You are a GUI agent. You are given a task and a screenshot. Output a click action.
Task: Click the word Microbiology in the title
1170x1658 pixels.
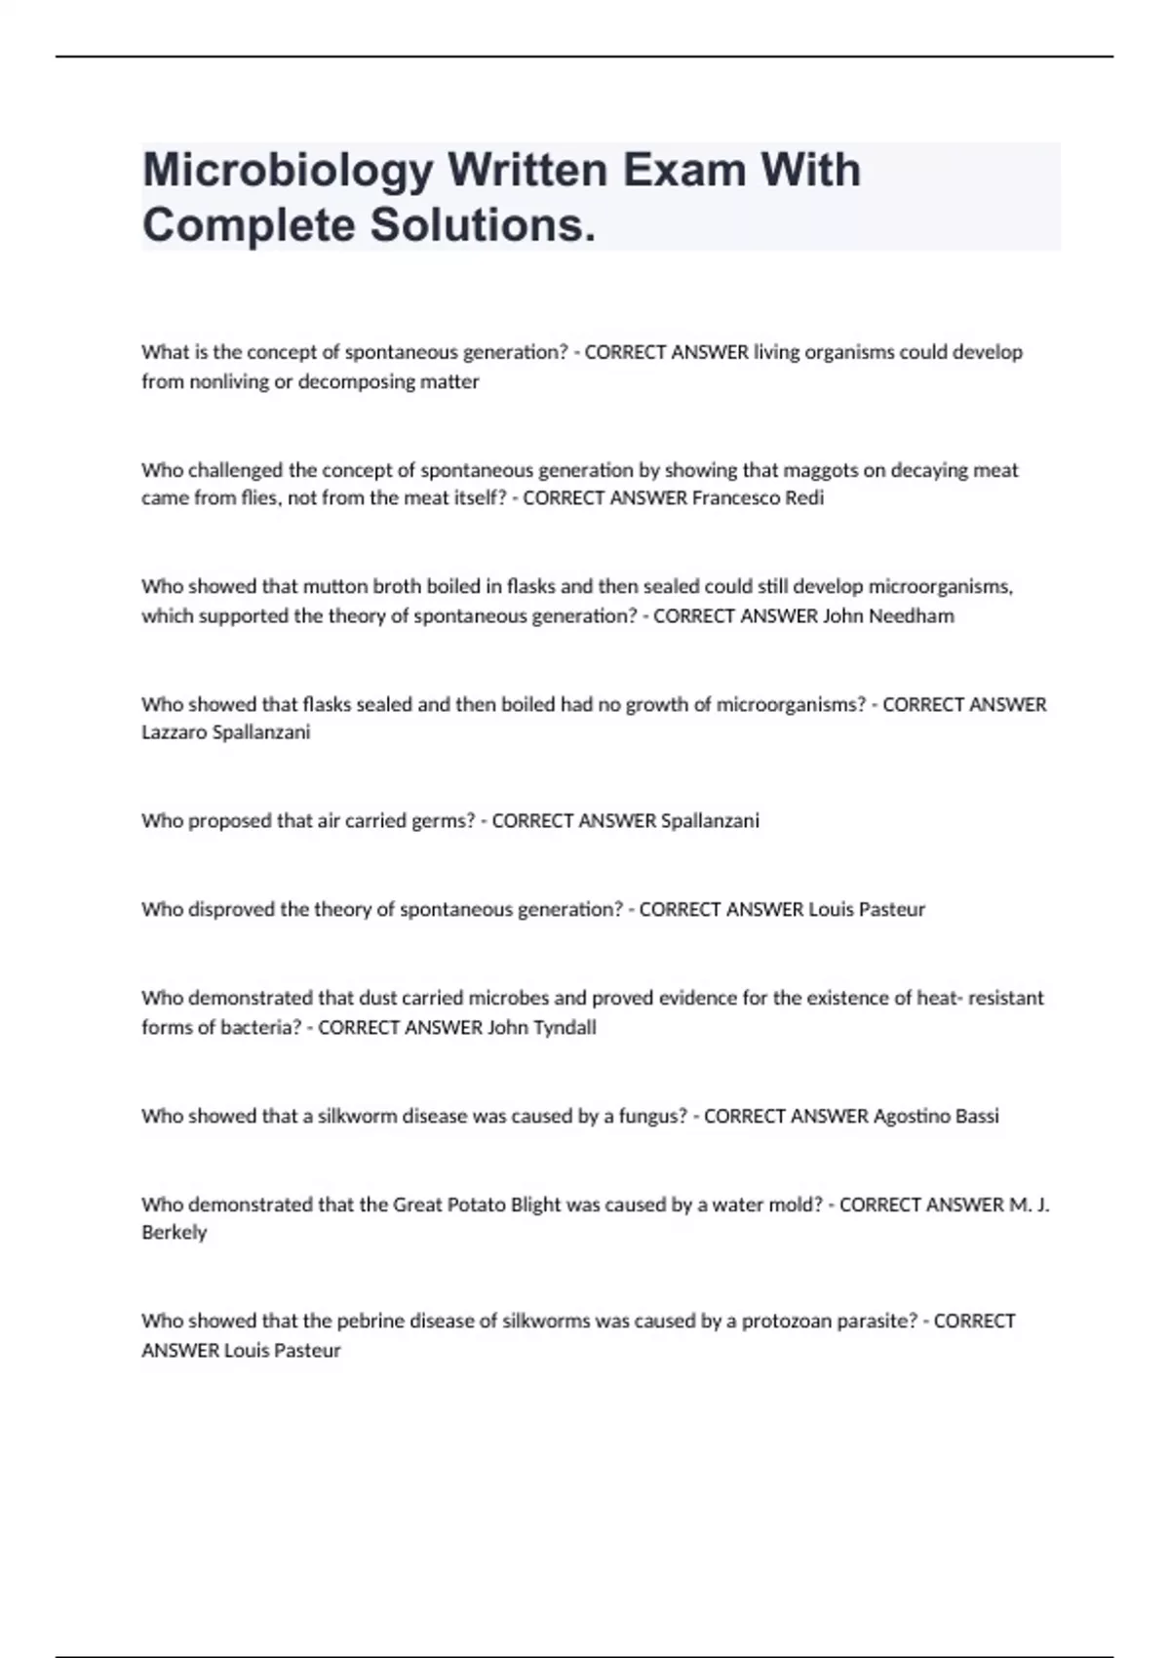(x=288, y=172)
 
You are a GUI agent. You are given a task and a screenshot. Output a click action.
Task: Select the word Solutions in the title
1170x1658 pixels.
(x=478, y=225)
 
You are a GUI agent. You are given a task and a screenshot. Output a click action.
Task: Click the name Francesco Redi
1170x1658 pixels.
(x=758, y=498)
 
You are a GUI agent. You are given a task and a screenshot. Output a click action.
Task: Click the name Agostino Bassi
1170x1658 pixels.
(x=936, y=1116)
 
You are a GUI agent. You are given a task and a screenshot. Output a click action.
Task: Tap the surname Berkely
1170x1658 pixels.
(x=175, y=1233)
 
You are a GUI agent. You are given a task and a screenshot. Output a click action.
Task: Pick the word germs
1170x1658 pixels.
(x=445, y=821)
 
